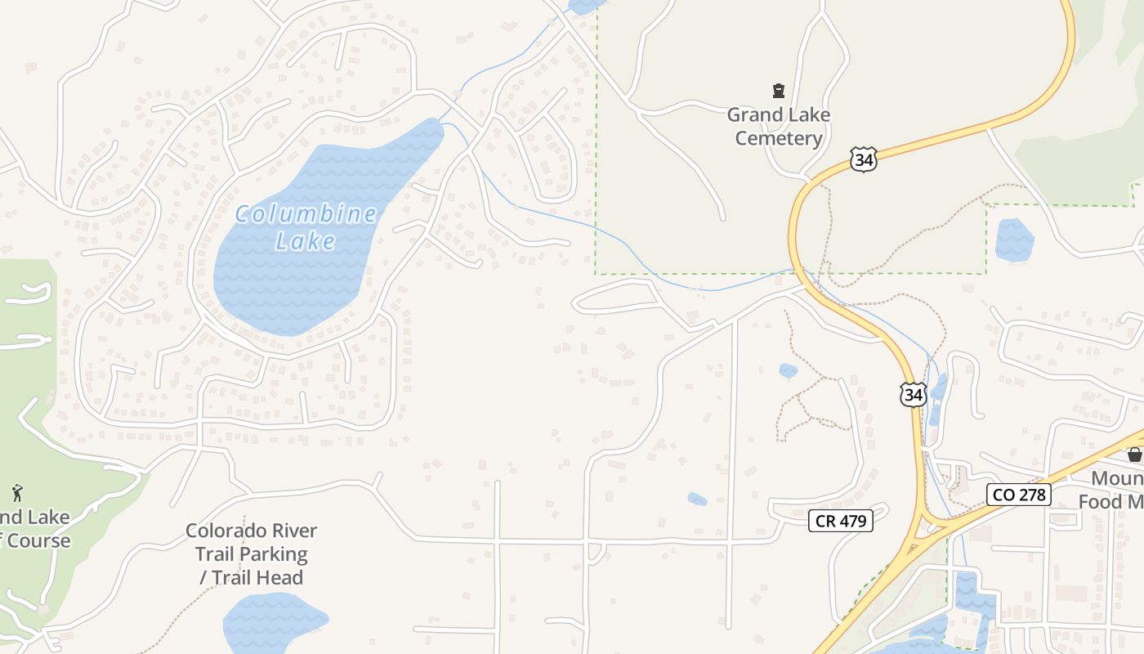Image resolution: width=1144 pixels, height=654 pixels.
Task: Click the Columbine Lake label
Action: pyautogui.click(x=306, y=227)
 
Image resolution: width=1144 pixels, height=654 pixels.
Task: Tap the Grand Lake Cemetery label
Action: pyautogui.click(x=778, y=126)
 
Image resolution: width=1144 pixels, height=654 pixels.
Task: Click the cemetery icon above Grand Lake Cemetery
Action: pyautogui.click(x=779, y=90)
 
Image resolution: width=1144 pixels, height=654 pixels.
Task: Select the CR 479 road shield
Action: pyautogui.click(x=841, y=520)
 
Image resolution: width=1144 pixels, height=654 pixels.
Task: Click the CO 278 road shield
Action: pyautogui.click(x=1018, y=494)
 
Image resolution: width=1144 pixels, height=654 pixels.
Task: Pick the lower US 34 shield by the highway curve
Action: pyautogui.click(x=913, y=395)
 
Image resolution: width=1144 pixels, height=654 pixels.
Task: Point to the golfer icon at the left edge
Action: pyautogui.click(x=17, y=493)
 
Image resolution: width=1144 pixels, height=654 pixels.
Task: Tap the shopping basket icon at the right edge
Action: pyautogui.click(x=1134, y=455)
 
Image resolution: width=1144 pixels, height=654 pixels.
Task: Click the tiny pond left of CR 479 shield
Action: pyautogui.click(x=697, y=499)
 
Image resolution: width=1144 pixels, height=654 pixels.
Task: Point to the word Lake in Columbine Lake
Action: pyautogui.click(x=306, y=241)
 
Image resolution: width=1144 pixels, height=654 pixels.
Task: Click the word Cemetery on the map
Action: pyautogui.click(x=778, y=137)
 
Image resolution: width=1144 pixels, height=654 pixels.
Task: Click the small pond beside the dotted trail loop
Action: pyautogui.click(x=788, y=370)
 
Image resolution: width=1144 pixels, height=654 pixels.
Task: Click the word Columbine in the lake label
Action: pyautogui.click(x=306, y=215)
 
